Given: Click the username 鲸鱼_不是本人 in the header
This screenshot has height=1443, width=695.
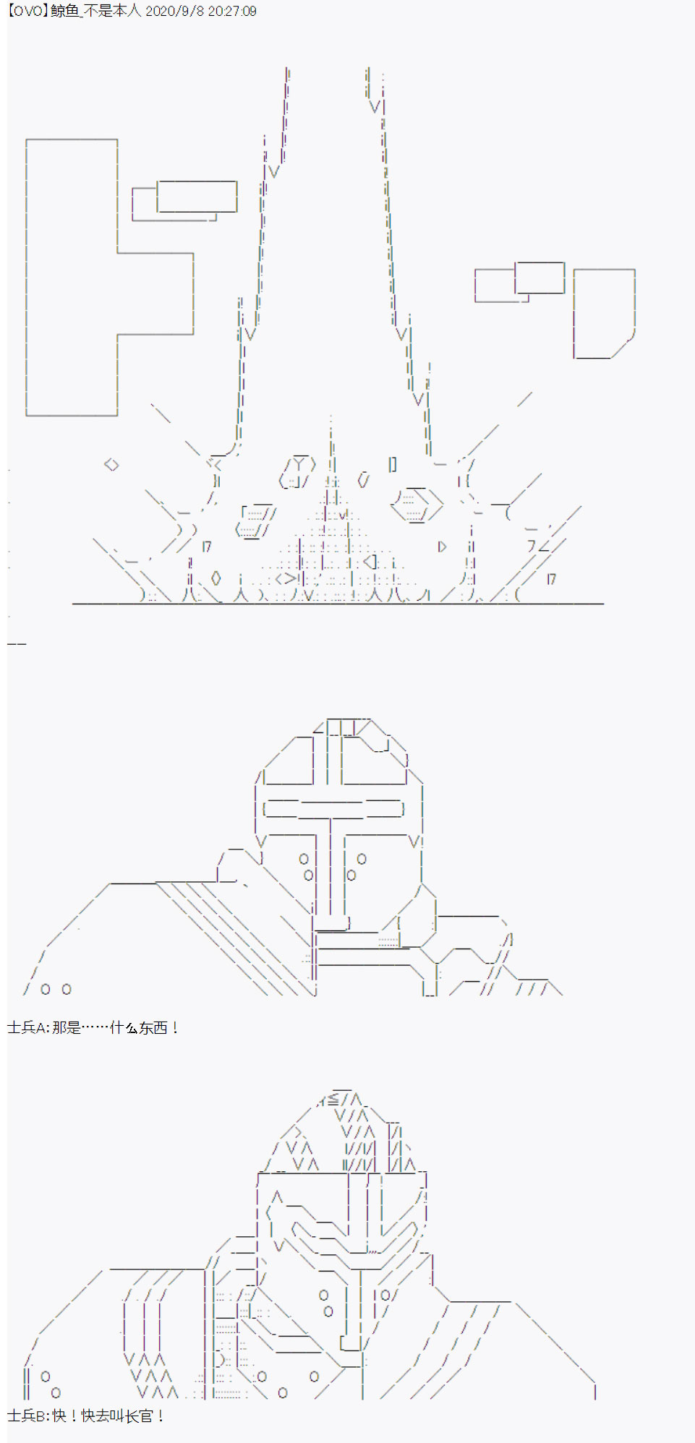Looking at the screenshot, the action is click(x=96, y=11).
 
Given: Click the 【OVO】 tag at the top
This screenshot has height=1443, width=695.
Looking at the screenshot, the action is click(x=28, y=11).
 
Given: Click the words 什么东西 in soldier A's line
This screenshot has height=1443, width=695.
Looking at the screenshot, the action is click(x=138, y=1027).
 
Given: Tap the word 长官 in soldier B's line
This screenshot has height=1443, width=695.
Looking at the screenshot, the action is click(x=138, y=1416).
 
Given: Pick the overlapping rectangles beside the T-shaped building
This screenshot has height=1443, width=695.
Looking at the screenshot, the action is click(x=184, y=200).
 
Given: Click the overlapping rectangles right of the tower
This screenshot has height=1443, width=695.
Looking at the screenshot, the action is click(x=519, y=282).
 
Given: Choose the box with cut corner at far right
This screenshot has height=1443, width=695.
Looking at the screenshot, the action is click(x=604, y=314).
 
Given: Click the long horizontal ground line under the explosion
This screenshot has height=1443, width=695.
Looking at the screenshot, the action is click(x=338, y=603).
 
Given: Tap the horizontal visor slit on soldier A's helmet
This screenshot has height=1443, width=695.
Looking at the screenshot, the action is click(x=333, y=808).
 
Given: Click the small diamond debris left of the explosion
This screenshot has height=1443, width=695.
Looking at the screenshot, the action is click(x=111, y=464).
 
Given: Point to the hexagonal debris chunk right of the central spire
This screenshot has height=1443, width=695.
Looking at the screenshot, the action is click(x=417, y=505).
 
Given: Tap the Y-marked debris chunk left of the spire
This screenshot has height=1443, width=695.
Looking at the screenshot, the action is click(x=297, y=472).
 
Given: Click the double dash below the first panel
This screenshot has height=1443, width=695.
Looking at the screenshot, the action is click(x=17, y=643).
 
